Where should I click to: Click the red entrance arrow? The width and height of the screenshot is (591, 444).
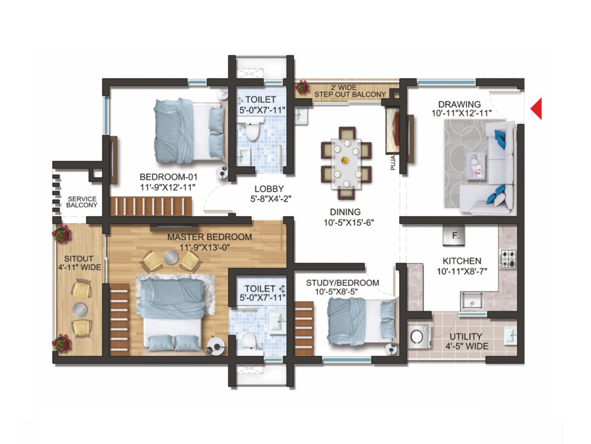pyautogui.click(x=537, y=108)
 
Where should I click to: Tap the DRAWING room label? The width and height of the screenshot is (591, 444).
pyautogui.click(x=460, y=104)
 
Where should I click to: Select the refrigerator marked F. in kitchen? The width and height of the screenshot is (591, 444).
pyautogui.click(x=454, y=236)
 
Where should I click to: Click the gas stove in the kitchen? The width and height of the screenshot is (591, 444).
pyautogui.click(x=508, y=259)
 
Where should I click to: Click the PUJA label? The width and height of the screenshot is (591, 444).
pyautogui.click(x=393, y=163)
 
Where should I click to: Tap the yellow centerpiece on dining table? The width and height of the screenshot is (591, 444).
pyautogui.click(x=345, y=160)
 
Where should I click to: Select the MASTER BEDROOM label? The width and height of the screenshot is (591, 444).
pyautogui.click(x=209, y=237)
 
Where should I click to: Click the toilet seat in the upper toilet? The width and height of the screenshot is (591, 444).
pyautogui.click(x=253, y=132)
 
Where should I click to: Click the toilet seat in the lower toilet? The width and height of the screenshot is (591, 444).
pyautogui.click(x=249, y=339)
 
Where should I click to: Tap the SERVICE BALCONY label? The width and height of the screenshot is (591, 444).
pyautogui.click(x=82, y=202)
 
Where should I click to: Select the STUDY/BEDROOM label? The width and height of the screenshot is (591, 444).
pyautogui.click(x=342, y=283)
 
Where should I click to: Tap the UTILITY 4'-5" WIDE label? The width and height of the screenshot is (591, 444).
pyautogui.click(x=466, y=341)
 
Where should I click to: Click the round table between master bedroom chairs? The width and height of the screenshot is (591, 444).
pyautogui.click(x=171, y=256)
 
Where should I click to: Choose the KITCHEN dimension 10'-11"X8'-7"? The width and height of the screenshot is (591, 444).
pyautogui.click(x=462, y=272)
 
